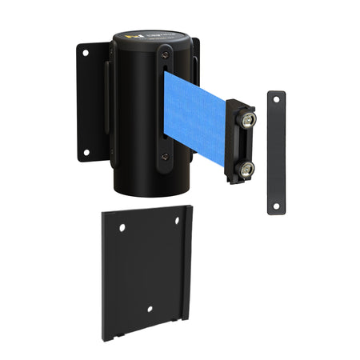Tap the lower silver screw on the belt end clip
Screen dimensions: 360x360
click(x=247, y=168)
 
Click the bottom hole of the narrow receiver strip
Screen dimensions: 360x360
click(x=276, y=205)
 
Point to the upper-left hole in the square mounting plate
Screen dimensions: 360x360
click(x=122, y=228)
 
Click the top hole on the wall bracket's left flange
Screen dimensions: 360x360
click(x=85, y=54)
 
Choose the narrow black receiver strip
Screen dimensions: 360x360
click(x=276, y=152)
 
